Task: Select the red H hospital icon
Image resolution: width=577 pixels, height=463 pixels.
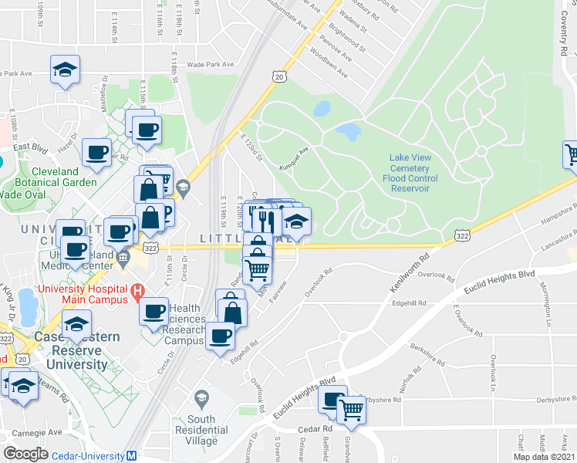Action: (x=137, y=292)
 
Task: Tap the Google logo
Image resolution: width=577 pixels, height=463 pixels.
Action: (x=26, y=454)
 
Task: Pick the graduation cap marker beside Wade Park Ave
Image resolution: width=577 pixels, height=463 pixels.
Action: (x=66, y=70)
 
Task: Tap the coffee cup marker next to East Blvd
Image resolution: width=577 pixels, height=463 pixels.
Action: (x=96, y=153)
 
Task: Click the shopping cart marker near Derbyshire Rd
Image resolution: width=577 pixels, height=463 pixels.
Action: (x=351, y=411)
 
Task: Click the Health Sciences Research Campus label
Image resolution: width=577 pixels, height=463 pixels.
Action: (x=186, y=324)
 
